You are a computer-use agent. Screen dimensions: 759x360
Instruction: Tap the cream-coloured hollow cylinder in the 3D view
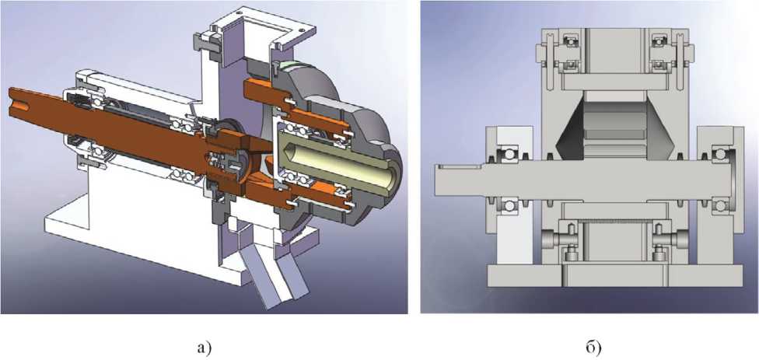[x=339, y=163]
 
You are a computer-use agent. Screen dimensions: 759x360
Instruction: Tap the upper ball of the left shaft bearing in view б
[x=509, y=155]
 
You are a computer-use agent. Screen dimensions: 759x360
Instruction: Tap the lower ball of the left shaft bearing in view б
[x=509, y=205]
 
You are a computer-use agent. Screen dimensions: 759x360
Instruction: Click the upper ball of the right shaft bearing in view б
[x=720, y=155]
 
